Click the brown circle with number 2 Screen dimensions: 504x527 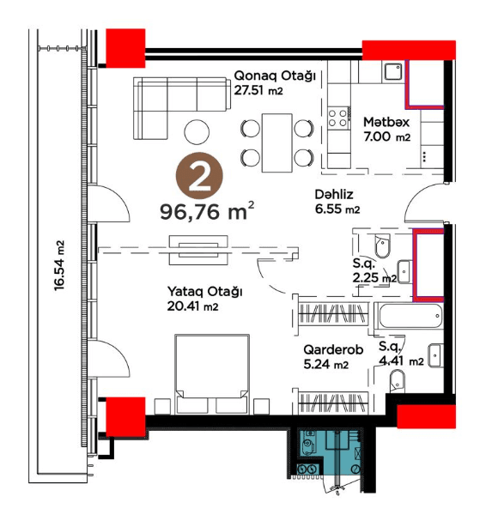(199, 175)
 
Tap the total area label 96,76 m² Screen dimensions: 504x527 (207, 211)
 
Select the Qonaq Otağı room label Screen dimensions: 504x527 (275, 76)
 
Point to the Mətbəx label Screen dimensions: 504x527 (386, 122)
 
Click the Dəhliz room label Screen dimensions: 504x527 (334, 194)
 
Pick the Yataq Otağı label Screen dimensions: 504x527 (204, 291)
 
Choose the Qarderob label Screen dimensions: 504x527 (333, 349)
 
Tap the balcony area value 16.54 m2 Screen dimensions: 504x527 (59, 265)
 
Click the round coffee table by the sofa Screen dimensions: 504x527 (197, 132)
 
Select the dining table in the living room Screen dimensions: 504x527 (277, 142)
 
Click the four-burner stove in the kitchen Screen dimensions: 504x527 (337, 118)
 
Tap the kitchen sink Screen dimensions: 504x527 (393, 71)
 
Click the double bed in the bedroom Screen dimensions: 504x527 (212, 373)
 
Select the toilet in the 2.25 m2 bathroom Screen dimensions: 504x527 (382, 246)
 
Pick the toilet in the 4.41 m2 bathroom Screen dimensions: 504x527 (398, 381)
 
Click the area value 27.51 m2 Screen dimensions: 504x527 (258, 90)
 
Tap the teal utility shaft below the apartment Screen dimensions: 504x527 (331, 452)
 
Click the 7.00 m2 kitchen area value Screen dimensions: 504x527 (387, 136)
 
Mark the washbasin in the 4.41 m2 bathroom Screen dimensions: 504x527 (436, 355)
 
